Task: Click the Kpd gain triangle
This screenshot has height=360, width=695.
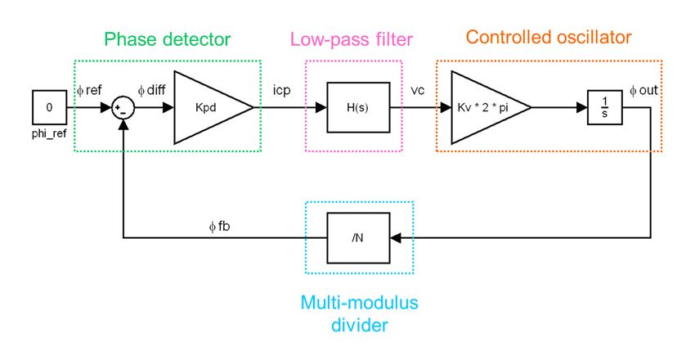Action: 208,107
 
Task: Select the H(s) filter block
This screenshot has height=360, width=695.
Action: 354,107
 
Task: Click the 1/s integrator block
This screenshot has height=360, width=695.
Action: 604,107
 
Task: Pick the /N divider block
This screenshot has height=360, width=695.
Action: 354,238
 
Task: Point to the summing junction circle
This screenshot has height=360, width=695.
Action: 123,108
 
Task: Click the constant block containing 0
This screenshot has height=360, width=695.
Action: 48,107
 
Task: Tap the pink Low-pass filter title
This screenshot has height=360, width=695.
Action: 353,38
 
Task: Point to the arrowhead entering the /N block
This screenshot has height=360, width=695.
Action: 397,238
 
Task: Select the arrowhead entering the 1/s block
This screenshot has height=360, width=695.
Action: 581,107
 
